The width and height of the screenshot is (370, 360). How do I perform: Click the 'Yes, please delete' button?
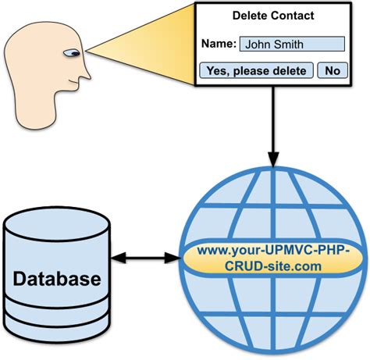(x=256, y=70)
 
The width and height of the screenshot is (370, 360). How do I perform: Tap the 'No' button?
(x=333, y=70)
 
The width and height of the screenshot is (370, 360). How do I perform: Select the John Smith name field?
(x=292, y=44)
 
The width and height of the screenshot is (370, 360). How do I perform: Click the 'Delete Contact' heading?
(x=273, y=16)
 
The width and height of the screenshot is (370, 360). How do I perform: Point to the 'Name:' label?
(x=219, y=44)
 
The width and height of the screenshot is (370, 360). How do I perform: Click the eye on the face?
(x=72, y=53)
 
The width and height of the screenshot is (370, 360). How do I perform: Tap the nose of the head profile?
(x=85, y=73)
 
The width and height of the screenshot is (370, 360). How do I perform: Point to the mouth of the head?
(x=74, y=82)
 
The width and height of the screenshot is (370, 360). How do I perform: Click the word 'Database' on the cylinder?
(x=57, y=279)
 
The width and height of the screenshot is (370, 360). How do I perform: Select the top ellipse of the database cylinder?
(x=57, y=224)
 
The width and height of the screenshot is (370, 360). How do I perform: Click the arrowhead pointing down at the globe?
(x=273, y=159)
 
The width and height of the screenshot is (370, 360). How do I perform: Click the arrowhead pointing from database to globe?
(x=173, y=258)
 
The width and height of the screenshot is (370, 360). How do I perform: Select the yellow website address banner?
(x=273, y=258)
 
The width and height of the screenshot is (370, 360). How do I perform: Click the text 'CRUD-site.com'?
(x=273, y=266)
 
